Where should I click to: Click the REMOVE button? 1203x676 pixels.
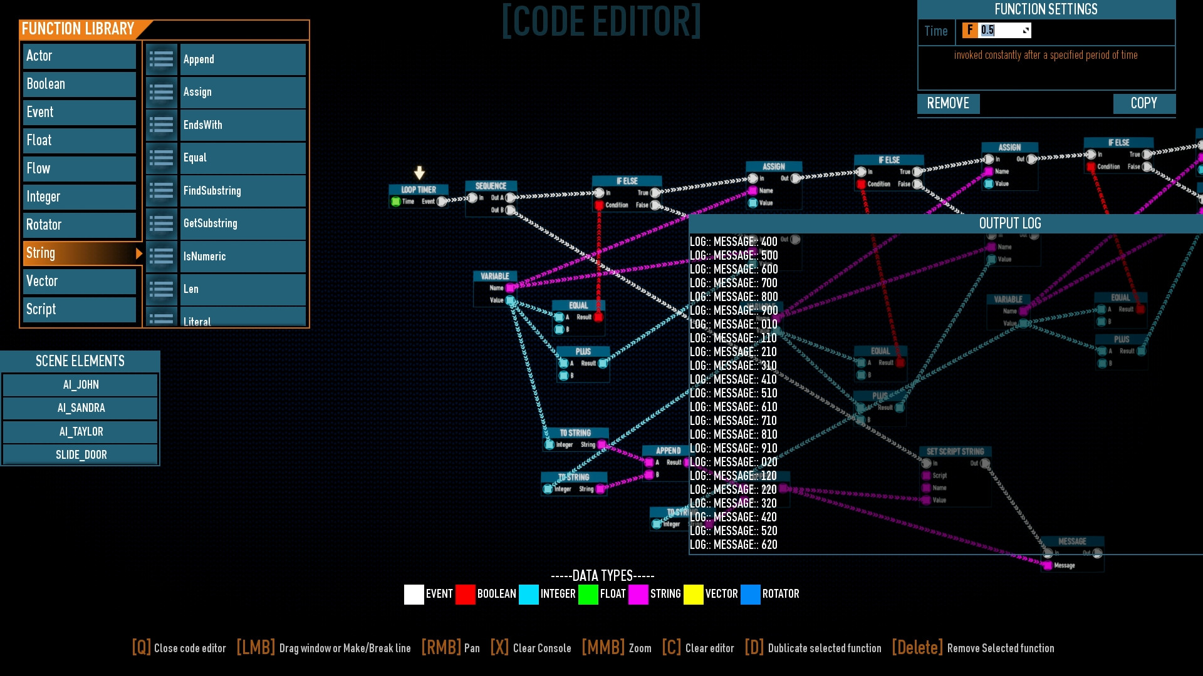pyautogui.click(x=948, y=104)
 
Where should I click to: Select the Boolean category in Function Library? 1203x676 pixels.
pyautogui.click(x=80, y=84)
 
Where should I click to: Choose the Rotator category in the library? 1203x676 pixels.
pyautogui.click(x=80, y=225)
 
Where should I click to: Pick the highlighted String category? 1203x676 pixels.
pyautogui.click(x=80, y=253)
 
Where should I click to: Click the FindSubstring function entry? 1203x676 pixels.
pyautogui.click(x=242, y=191)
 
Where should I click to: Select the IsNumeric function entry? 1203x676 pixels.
pyautogui.click(x=242, y=257)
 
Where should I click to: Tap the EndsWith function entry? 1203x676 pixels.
pyautogui.click(x=242, y=125)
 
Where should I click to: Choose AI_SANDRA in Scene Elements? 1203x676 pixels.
pyautogui.click(x=81, y=408)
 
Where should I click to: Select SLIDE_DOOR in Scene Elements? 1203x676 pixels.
pyautogui.click(x=81, y=455)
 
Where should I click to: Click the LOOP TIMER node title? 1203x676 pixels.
pyautogui.click(x=419, y=190)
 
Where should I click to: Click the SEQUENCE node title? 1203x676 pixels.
pyautogui.click(x=491, y=186)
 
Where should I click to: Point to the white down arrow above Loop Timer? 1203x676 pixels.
pyautogui.click(x=419, y=172)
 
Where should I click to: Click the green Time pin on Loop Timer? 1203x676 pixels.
pyautogui.click(x=395, y=202)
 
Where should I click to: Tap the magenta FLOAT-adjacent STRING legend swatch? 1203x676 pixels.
pyautogui.click(x=638, y=594)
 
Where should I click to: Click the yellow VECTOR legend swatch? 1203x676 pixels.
pyautogui.click(x=693, y=594)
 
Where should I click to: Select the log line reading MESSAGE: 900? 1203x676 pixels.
pyautogui.click(x=734, y=310)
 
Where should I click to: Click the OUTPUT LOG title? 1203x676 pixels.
pyautogui.click(x=1009, y=223)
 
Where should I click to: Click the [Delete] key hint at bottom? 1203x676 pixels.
pyautogui.click(x=917, y=648)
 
